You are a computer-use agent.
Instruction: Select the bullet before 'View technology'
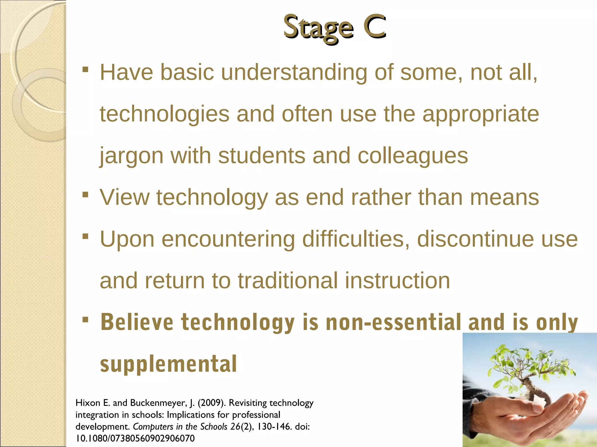point(85,194)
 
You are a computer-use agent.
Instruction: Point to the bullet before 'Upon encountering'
point(85,236)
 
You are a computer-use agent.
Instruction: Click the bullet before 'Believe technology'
point(85,320)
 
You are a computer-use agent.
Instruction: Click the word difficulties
point(356,239)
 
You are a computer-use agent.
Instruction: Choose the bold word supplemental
point(168,364)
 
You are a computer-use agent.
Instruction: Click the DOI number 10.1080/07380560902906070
point(135,438)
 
